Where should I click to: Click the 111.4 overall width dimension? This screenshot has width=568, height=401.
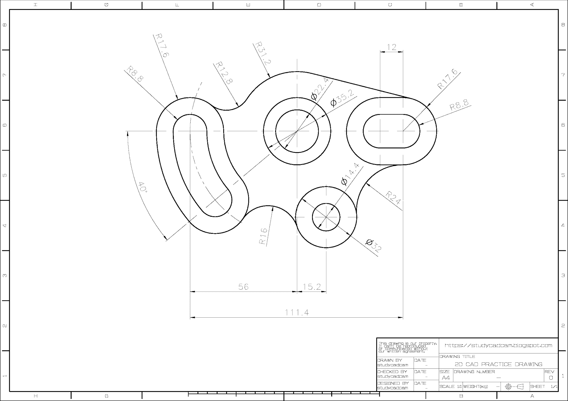pos(297,312)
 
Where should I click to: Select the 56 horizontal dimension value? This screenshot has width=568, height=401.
pos(243,286)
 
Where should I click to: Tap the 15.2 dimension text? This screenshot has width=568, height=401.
pos(312,286)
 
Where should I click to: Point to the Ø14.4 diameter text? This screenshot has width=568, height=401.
pos(350,174)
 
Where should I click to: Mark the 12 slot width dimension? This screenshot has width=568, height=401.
pos(392,47)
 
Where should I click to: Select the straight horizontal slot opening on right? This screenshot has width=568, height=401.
pos(392,131)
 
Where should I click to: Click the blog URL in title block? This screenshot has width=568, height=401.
pos(498,345)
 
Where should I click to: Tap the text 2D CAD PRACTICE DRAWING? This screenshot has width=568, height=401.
pos(498,364)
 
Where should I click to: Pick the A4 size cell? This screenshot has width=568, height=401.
pos(446,378)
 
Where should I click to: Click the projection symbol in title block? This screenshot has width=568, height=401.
pos(514,386)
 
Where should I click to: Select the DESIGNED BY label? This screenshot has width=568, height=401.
pos(393,383)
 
